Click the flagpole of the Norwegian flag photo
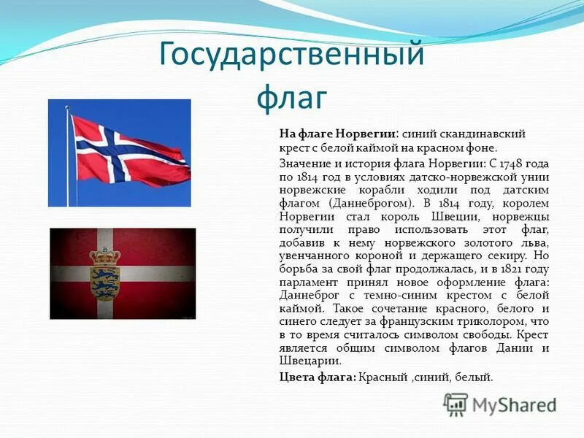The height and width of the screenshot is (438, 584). [x=69, y=157]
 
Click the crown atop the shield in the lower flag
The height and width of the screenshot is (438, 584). [x=104, y=256]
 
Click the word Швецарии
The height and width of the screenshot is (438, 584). [x=310, y=361]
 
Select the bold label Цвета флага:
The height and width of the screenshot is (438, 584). [x=318, y=377]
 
